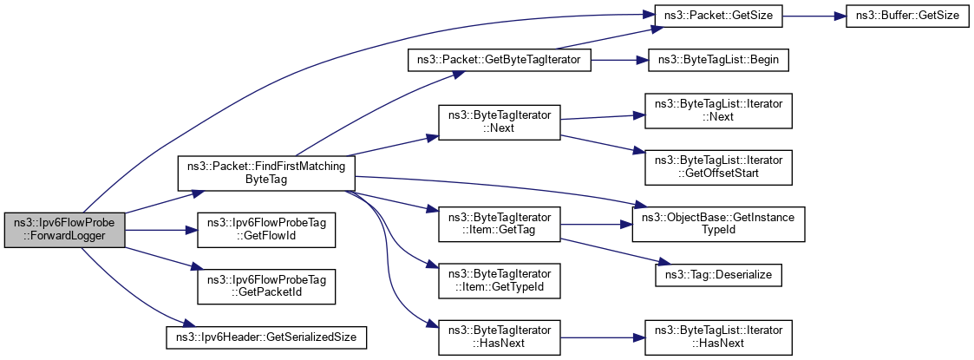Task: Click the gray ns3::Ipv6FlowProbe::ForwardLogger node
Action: pyautogui.click(x=64, y=230)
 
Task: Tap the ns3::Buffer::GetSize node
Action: pyautogui.click(x=907, y=16)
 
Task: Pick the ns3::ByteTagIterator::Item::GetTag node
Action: pyautogui.click(x=499, y=224)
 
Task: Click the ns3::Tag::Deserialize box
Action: pyautogui.click(x=719, y=275)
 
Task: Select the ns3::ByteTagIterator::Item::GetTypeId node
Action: pyautogui.click(x=499, y=281)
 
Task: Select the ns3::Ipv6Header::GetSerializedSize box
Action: pyautogui.click(x=266, y=333)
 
